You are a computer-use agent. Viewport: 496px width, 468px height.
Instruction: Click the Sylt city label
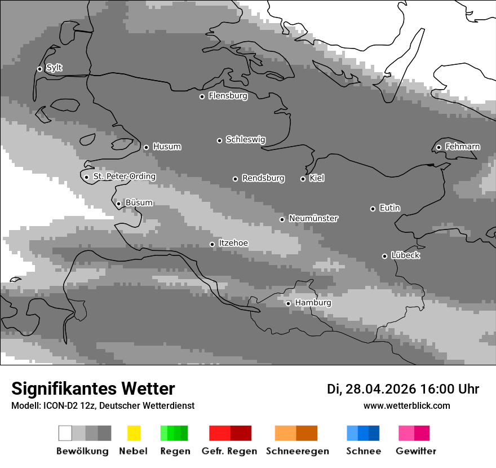[54, 68]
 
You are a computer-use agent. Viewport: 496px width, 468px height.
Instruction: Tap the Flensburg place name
[228, 96]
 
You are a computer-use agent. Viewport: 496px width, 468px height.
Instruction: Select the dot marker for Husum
[146, 147]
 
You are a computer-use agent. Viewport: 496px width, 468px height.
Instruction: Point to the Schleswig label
[245, 139]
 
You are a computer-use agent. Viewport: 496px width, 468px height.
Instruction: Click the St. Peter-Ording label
[124, 176]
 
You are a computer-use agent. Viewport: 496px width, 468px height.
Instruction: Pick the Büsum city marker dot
[118, 204]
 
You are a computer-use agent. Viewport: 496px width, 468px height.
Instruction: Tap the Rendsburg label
[263, 178]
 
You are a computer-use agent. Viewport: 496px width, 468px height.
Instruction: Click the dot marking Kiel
[303, 179]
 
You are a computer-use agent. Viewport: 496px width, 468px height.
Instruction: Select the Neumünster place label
[313, 218]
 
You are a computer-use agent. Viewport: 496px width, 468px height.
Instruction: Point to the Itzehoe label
[233, 243]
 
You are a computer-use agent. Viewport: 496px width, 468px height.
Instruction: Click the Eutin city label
[389, 208]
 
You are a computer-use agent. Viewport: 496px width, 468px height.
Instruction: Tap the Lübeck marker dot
[384, 256]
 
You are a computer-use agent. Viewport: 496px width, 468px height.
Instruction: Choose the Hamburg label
[313, 303]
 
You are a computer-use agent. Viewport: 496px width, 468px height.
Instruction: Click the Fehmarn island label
[462, 147]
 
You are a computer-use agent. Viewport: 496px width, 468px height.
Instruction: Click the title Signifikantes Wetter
[93, 388]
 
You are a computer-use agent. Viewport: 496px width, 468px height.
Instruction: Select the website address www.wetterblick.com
[406, 405]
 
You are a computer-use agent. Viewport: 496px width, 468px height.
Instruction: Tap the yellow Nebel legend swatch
[134, 433]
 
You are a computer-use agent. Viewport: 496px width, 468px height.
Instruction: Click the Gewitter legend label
[415, 451]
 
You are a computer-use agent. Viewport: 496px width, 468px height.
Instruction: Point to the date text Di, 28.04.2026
[371, 389]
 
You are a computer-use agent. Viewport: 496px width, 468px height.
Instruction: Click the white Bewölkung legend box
[65, 433]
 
